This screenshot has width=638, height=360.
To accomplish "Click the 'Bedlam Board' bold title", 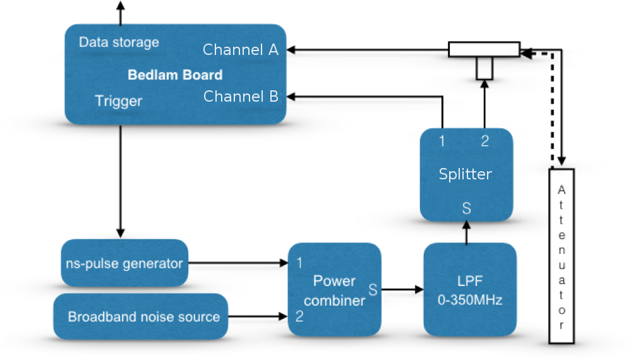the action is click(175, 75).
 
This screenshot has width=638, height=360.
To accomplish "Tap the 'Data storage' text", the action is click(119, 42).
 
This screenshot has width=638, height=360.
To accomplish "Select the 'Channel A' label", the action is click(241, 50).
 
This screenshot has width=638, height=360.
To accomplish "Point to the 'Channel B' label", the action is click(241, 97).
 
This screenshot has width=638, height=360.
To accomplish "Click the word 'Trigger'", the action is click(118, 101).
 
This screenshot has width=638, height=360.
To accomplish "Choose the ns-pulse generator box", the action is click(124, 263).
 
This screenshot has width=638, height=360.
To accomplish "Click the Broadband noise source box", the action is click(141, 316).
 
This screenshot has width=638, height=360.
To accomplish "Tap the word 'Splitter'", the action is click(466, 174).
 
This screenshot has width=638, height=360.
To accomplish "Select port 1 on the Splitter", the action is click(442, 141).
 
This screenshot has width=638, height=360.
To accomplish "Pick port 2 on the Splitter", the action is click(485, 141).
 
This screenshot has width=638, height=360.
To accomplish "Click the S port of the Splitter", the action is click(466, 208).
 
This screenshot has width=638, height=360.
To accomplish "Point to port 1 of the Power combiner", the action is click(299, 263).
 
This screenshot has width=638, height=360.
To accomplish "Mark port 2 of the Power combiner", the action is click(299, 316).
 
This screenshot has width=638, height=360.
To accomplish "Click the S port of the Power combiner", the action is click(373, 290).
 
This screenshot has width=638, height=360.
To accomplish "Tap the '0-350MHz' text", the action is click(470, 300).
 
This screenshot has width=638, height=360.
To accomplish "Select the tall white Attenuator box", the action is click(562, 256).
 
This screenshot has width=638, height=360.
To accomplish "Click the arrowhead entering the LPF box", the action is click(419, 290).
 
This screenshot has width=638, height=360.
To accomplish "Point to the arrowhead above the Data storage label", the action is click(121, 5).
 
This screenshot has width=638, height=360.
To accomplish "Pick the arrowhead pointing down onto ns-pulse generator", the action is click(121, 233).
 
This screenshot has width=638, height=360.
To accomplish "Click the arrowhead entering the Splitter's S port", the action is click(466, 225).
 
